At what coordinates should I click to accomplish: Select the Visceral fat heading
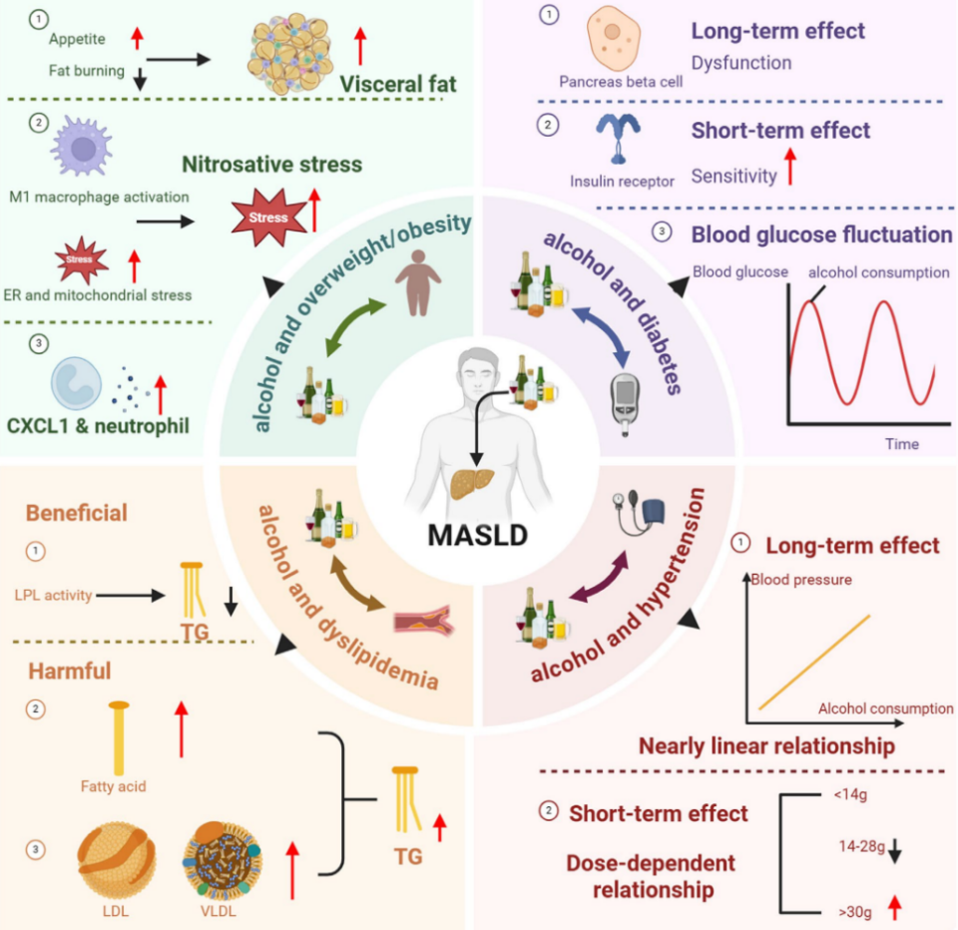tap(398, 84)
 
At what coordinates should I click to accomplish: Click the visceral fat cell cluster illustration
tap(295, 57)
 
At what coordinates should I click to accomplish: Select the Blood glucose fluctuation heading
tap(821, 235)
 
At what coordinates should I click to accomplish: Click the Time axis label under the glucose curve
tap(901, 443)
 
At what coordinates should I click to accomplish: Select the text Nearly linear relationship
tap(766, 746)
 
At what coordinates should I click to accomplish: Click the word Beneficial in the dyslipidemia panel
tap(77, 513)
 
